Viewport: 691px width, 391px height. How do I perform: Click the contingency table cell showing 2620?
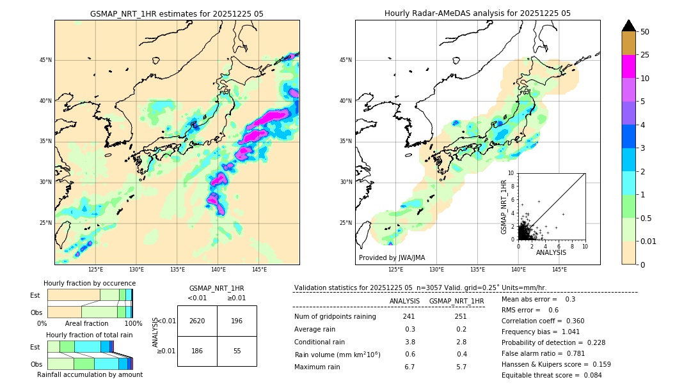(196, 321)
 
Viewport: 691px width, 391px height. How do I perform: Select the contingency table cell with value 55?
(237, 351)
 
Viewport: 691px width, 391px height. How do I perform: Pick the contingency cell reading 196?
(237, 321)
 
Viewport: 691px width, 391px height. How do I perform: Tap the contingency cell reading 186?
(196, 351)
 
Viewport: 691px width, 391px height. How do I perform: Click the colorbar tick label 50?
(645, 32)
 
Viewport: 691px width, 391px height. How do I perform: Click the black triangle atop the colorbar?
(629, 26)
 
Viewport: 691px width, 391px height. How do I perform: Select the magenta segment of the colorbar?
(629, 66)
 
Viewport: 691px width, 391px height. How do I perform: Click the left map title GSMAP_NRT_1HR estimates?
(177, 13)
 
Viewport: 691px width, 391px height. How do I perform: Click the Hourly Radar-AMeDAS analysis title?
(477, 13)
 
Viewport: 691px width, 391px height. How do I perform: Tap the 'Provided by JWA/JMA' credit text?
(392, 258)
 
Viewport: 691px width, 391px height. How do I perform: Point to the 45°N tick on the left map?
(45, 60)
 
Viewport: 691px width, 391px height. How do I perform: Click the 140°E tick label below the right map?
(518, 270)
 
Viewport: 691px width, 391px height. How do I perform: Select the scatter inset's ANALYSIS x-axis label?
(551, 253)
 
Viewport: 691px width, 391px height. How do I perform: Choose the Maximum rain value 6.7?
(409, 367)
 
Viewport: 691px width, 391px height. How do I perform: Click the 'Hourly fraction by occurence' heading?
(90, 283)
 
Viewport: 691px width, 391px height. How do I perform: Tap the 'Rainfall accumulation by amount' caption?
(90, 375)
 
